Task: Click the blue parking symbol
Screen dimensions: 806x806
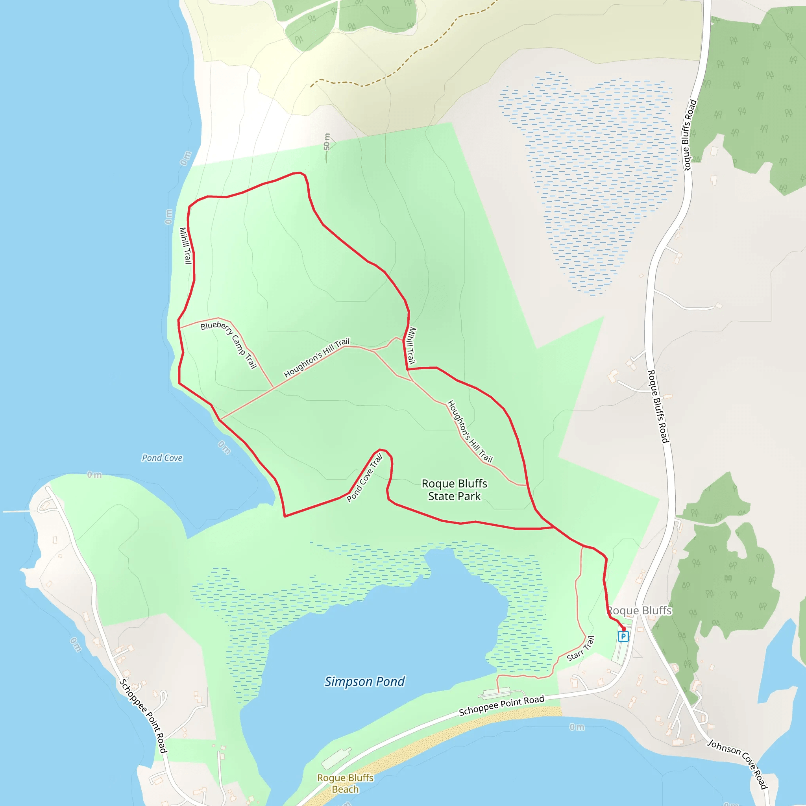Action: tap(623, 636)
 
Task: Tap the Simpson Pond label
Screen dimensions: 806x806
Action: tap(364, 682)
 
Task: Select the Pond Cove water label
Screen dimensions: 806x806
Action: tap(162, 458)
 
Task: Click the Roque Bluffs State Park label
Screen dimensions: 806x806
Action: tap(454, 490)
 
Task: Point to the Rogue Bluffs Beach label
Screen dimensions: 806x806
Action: tap(345, 784)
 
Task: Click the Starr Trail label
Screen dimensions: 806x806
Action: tap(580, 649)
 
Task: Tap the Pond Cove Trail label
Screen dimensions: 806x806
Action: tap(364, 478)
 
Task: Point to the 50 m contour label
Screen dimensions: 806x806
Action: tap(327, 142)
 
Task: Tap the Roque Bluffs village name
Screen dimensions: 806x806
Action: tap(639, 611)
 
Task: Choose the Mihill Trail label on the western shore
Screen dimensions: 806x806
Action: tap(185, 245)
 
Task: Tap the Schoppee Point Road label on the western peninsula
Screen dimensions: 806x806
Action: tap(143, 716)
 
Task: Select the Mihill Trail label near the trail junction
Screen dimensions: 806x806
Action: tap(411, 345)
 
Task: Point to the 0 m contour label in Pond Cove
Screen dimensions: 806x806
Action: tap(224, 447)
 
